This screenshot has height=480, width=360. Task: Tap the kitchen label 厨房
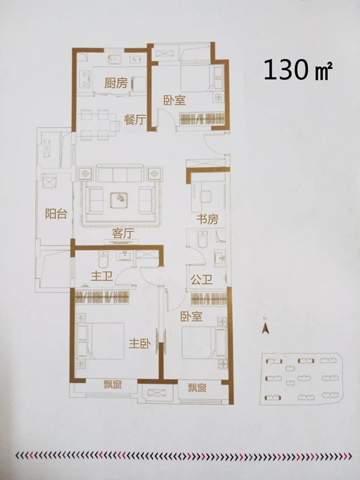pos(116,83)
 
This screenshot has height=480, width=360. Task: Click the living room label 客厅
pos(123,234)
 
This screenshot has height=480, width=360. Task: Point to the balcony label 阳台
pos(56,213)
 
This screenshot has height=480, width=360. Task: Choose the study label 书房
pos(207,219)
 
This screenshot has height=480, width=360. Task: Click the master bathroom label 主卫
pos(101,276)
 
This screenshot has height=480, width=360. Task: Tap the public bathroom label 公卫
pos(201,280)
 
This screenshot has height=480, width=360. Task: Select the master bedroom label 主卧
pos(140,344)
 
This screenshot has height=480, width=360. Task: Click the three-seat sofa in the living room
pos(120,174)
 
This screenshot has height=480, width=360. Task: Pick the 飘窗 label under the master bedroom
pos(113,384)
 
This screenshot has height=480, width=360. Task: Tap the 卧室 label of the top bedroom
pos(175,100)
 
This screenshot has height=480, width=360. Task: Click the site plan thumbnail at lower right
pos(301,379)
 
